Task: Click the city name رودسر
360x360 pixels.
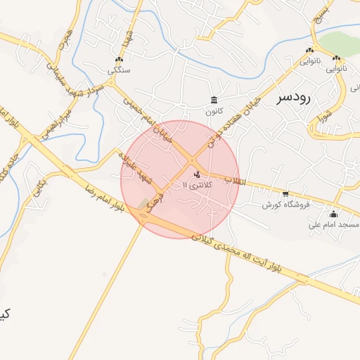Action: coord(293,98)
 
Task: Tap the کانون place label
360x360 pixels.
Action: coord(214,111)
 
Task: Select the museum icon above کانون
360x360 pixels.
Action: coord(214,99)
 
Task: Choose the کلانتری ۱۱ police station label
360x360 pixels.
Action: coord(196,185)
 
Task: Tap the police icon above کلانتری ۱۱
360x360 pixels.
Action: coord(196,174)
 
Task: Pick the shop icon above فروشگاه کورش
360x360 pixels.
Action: coord(285,193)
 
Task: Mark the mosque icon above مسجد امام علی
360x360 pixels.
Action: coord(333,214)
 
